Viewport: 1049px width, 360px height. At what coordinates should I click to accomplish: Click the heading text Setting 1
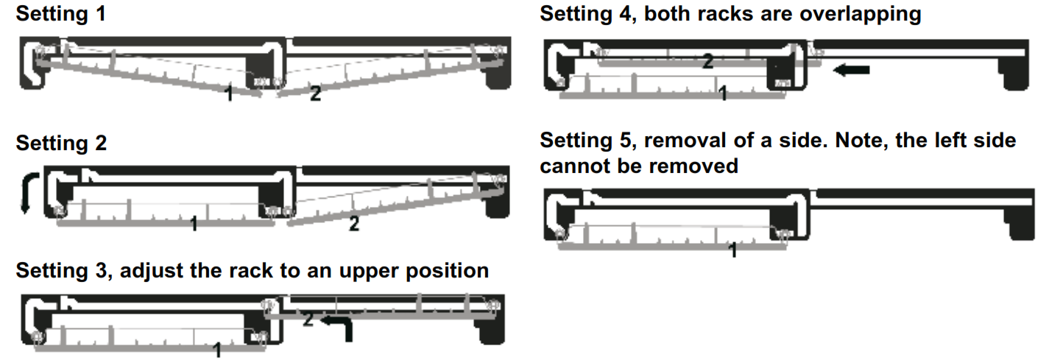click(60, 14)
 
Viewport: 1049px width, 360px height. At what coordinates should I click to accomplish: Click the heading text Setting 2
click(60, 143)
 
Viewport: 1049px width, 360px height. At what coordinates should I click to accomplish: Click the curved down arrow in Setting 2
click(27, 194)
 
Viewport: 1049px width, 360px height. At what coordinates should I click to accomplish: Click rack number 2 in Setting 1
click(315, 94)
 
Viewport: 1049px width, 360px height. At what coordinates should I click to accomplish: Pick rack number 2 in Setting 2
click(354, 225)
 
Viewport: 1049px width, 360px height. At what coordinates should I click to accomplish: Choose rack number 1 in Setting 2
click(194, 224)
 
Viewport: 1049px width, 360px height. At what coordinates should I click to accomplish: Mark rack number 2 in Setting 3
click(308, 320)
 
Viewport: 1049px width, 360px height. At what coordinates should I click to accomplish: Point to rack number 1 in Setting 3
click(216, 350)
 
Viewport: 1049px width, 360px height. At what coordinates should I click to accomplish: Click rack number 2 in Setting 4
click(707, 63)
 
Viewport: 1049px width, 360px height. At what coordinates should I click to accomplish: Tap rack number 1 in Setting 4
click(722, 93)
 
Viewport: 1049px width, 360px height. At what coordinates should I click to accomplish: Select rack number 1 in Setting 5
click(733, 250)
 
